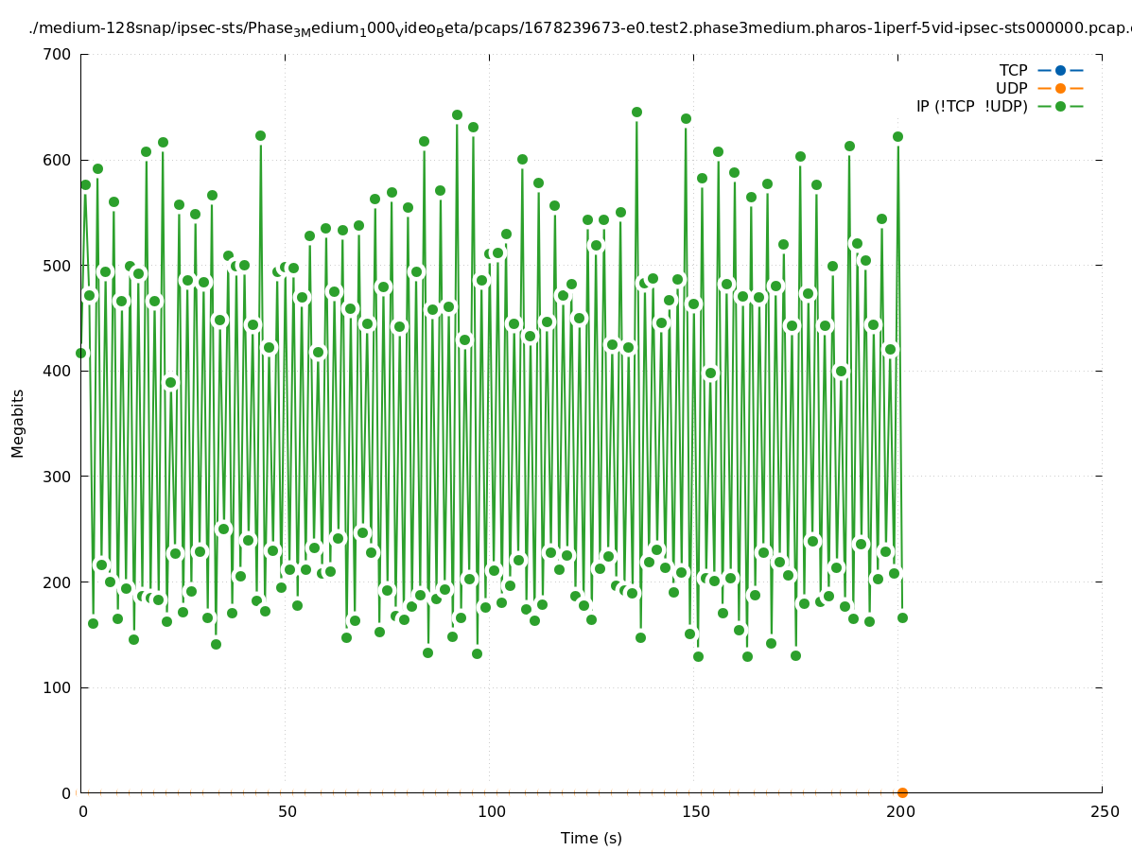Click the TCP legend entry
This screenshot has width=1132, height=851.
pyautogui.click(x=1014, y=70)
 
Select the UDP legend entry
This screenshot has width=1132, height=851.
pyautogui.click(x=1012, y=88)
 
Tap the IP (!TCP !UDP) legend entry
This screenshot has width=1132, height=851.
pyautogui.click(x=971, y=106)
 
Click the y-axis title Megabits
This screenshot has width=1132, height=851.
pyautogui.click(x=18, y=423)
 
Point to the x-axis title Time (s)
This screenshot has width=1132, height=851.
pyautogui.click(x=591, y=838)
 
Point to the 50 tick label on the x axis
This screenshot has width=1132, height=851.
pyautogui.click(x=287, y=811)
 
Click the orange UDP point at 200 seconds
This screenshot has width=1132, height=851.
pyautogui.click(x=902, y=792)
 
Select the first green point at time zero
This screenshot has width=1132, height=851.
pyautogui.click(x=81, y=353)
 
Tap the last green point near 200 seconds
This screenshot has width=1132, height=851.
pyautogui.click(x=902, y=617)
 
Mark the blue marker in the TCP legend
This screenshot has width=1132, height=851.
pyautogui.click(x=1060, y=70)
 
